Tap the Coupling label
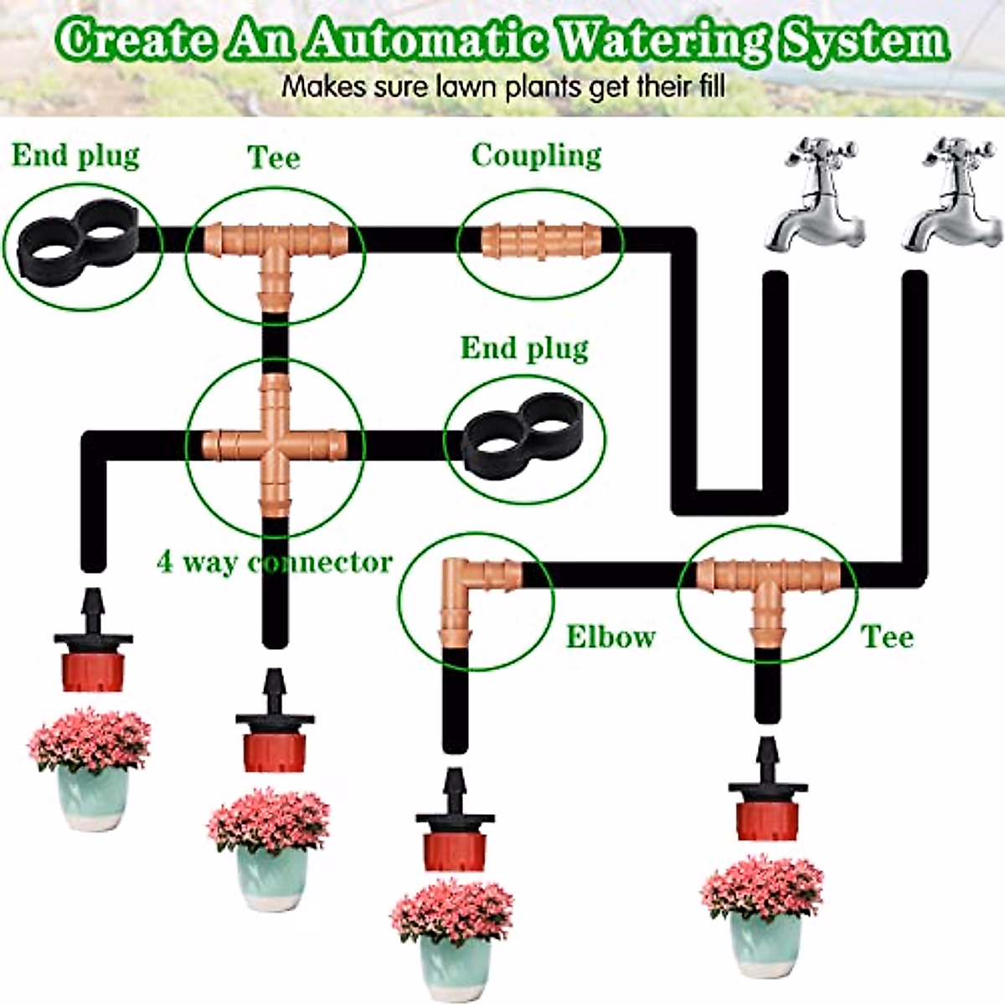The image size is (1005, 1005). [x=536, y=157]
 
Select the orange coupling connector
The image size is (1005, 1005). [x=540, y=240]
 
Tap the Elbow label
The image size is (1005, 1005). [x=610, y=637]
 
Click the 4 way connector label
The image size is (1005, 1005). [x=275, y=562]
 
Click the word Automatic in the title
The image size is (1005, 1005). [x=425, y=39]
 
